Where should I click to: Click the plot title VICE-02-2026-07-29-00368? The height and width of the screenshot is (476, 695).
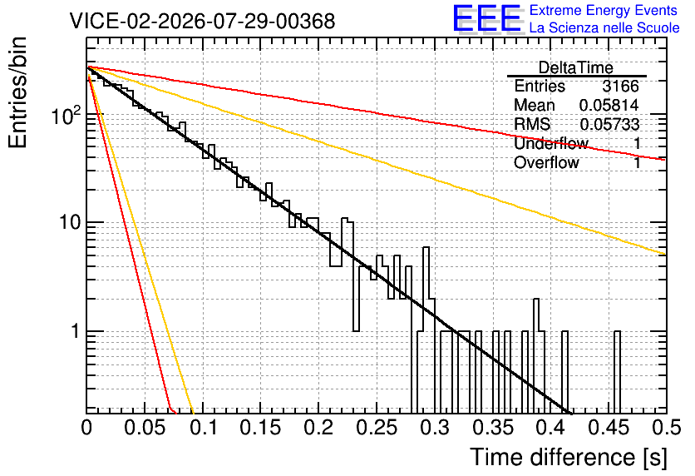[x=203, y=22]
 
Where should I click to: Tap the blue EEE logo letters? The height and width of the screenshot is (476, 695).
[x=486, y=18]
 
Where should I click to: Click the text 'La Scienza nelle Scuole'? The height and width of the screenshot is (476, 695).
[x=604, y=28]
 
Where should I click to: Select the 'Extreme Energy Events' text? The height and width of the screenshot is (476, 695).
[x=604, y=10]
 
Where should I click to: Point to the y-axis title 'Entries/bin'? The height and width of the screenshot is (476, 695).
[x=17, y=92]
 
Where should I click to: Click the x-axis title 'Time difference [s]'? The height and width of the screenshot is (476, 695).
[x=569, y=458]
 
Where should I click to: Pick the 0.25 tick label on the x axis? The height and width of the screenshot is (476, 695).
[x=377, y=428]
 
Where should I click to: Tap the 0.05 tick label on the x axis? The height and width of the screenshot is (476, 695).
[x=145, y=428]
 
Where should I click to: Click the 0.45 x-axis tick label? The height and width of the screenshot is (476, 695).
[x=609, y=428]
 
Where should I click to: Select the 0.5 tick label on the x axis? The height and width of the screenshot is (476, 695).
[x=666, y=428]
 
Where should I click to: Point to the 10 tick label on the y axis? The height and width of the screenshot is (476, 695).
[x=71, y=222]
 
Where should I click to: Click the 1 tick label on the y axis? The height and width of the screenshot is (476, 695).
[x=76, y=331]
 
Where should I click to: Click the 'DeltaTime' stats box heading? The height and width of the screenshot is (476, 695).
[x=576, y=68]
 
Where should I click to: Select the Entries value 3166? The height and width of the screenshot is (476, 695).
[x=620, y=86]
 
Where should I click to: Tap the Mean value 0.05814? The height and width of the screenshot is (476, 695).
[x=609, y=105]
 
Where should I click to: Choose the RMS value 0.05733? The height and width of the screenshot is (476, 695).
[x=609, y=125]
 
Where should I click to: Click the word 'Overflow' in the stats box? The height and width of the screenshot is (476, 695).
[x=546, y=163]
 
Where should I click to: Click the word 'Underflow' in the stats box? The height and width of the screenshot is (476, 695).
[x=551, y=143]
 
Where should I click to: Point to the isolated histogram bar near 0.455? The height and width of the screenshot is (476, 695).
[x=617, y=372]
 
